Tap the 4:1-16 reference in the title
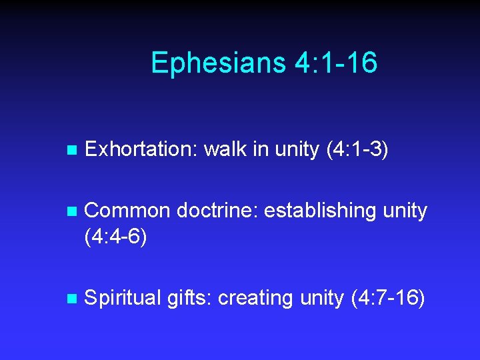click(x=335, y=63)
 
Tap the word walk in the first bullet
click(x=225, y=149)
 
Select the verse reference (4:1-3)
click(x=357, y=149)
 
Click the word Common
click(x=128, y=211)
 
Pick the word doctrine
click(x=217, y=211)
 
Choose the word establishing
click(x=320, y=211)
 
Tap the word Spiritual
click(x=123, y=298)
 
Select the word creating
click(x=255, y=298)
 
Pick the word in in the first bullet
click(x=261, y=149)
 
